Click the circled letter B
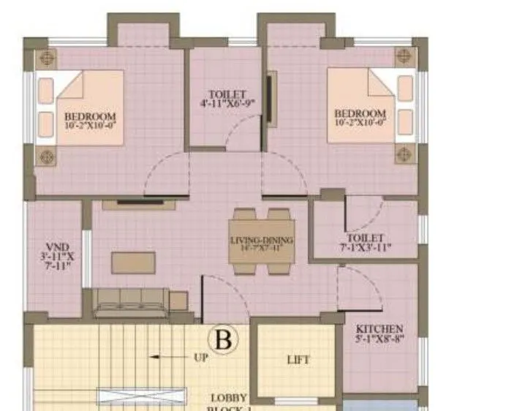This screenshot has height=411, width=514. (x=223, y=339)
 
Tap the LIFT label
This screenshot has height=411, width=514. (x=298, y=360)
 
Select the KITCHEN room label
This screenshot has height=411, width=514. (x=379, y=329)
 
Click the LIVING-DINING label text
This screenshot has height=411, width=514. (x=262, y=241)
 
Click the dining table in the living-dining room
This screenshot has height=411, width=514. (x=261, y=240)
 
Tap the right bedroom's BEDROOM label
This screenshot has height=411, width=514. (x=360, y=114)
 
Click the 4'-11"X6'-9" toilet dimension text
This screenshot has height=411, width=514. (x=227, y=104)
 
